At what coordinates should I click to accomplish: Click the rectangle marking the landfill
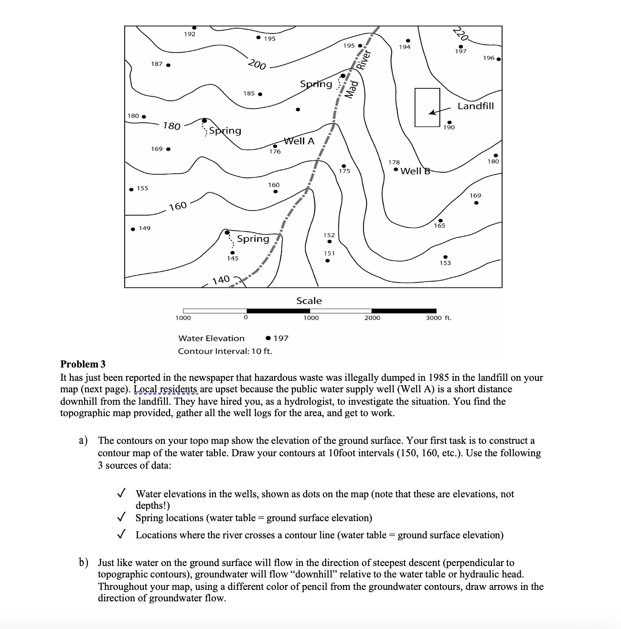coord(427,107)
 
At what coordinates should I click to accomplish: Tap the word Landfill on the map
coord(476,106)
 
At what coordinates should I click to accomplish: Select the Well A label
coord(299,141)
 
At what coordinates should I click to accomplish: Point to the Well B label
coord(415,171)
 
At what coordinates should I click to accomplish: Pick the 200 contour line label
coord(257,64)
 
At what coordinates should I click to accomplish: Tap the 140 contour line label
coord(221,279)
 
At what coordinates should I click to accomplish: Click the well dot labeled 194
coord(407,41)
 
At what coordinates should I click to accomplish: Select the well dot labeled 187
coord(168,65)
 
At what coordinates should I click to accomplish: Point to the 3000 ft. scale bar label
coord(439,318)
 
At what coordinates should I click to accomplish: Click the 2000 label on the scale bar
coord(372,318)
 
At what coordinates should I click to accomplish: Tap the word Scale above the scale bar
coord(309,301)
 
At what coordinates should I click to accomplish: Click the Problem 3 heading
coord(83,364)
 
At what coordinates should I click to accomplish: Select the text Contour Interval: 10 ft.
coord(225,351)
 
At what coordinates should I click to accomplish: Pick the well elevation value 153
coord(445,263)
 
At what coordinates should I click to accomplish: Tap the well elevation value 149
coord(144,228)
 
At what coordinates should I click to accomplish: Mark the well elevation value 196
coord(488,58)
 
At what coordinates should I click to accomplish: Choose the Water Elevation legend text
coord(211,338)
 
